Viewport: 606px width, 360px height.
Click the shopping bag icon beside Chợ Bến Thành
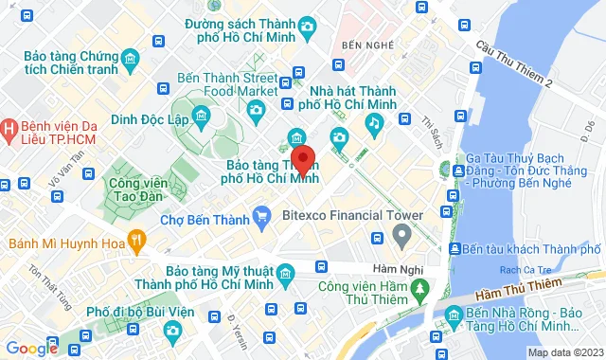(261, 220)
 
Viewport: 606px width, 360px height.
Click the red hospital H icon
(9, 128)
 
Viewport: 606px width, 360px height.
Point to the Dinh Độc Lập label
(151, 119)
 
